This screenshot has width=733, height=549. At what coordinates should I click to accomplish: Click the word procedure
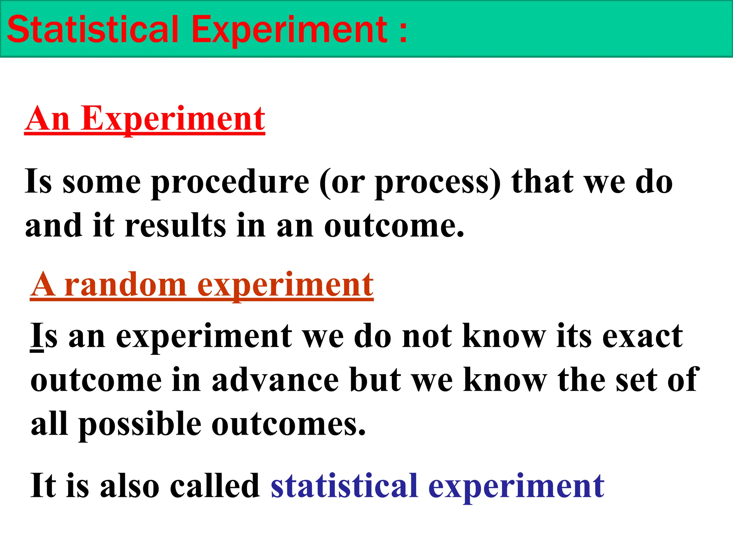(230, 182)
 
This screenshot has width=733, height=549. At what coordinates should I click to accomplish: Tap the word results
(176, 226)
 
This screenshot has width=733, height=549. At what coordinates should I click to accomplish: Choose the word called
(215, 485)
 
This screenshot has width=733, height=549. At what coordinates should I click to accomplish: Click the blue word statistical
(344, 485)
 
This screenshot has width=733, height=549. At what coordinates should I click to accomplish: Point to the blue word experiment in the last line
(516, 486)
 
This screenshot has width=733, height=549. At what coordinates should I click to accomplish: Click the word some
(102, 182)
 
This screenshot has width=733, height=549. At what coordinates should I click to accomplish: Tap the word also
(130, 485)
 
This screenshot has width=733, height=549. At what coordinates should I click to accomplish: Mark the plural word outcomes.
(289, 424)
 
